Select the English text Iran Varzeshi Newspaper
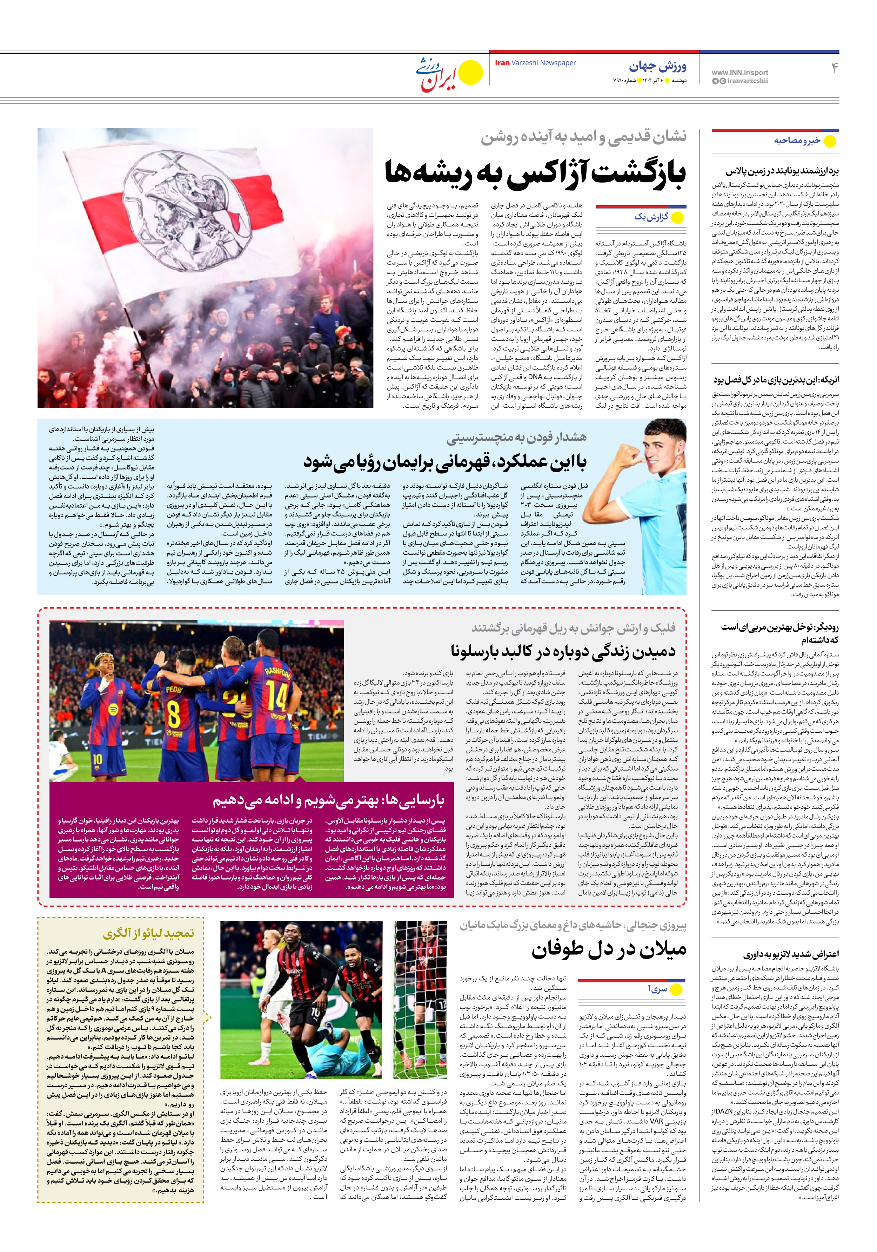click(x=535, y=63)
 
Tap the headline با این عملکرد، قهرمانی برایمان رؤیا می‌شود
click(x=445, y=463)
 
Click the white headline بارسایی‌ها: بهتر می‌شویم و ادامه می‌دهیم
click(x=329, y=800)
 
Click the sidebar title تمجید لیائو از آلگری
click(x=148, y=934)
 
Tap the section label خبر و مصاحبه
click(x=797, y=141)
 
